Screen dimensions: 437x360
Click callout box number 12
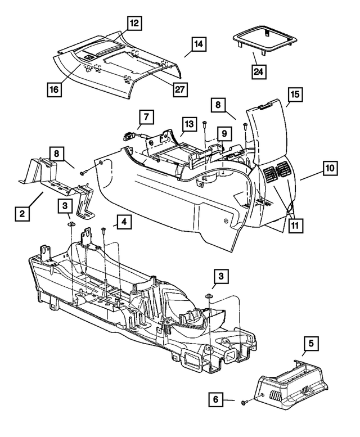[x=134, y=23]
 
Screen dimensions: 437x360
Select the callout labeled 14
[x=198, y=43]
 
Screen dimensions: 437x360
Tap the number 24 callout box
[x=260, y=72]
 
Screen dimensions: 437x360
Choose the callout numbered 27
[x=181, y=89]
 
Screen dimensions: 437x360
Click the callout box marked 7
[x=146, y=118]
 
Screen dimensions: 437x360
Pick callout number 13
[x=188, y=124]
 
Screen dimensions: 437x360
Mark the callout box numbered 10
[x=331, y=167]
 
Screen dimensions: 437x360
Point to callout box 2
[x=22, y=214]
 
